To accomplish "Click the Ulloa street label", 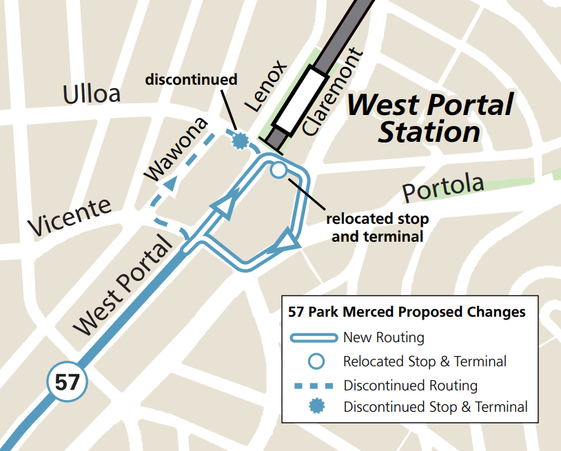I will pos(92,94).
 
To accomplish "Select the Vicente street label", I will pos(69,216).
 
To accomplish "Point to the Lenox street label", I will pos(265,86).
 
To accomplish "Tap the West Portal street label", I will pos(123,286).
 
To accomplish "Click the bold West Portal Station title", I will pos(429,118).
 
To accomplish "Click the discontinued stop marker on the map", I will pos(240,141).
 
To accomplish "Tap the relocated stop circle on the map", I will pos(278,170).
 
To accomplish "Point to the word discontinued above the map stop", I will pos(191,79).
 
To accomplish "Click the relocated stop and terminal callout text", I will pos(377,228).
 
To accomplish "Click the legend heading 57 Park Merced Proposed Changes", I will pos(407,312).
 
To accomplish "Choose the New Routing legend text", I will pos(384,337).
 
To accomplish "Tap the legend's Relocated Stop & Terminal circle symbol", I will pos(316,361).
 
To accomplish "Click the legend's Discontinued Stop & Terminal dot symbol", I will pos(316,407).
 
